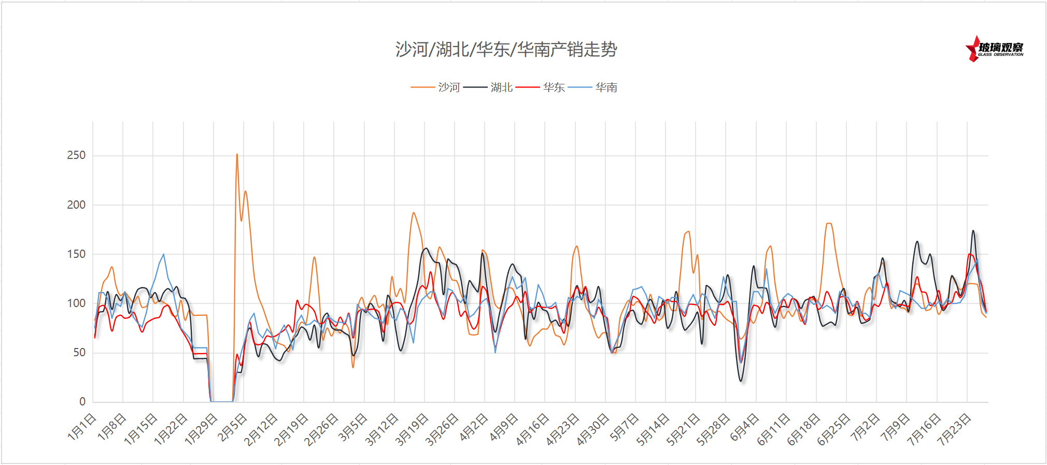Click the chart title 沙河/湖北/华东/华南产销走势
click(506, 50)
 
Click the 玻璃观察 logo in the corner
click(994, 49)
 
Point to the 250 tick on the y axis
click(76, 155)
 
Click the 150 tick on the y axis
click(76, 254)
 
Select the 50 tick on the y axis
click(79, 353)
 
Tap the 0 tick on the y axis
click(82, 401)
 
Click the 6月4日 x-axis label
click(745, 427)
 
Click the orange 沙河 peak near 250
click(237, 154)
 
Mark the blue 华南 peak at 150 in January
click(164, 254)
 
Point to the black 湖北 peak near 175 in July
click(973, 231)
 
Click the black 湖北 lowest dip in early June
click(741, 381)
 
